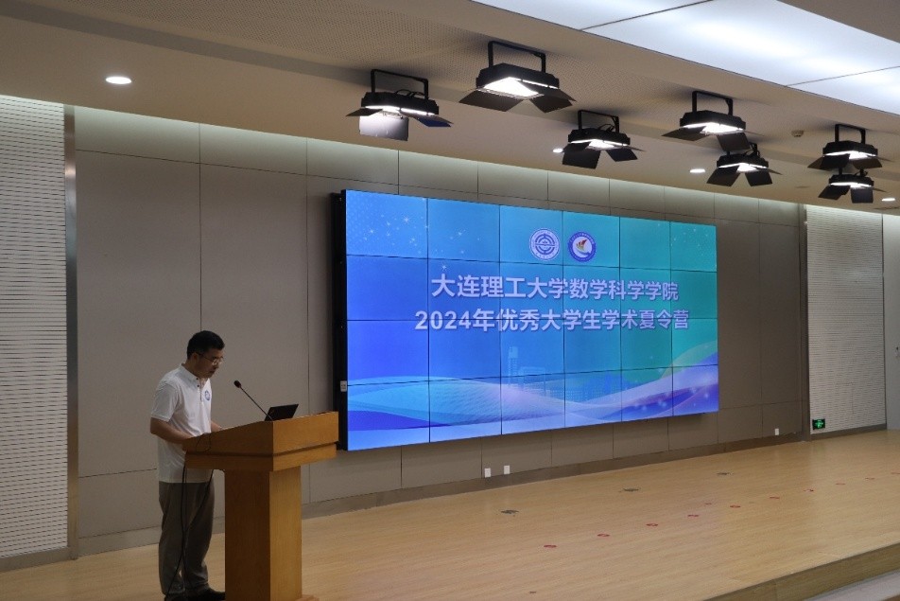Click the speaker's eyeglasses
coord(213,360)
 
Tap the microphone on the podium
coord(251,397)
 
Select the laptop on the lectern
coord(281,412)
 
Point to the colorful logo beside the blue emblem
coord(582,246)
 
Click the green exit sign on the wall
coord(818,424)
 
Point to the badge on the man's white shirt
coord(207,396)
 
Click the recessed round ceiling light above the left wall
coord(118,80)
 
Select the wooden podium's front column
coord(263,533)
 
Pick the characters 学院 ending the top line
coord(658,291)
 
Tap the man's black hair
coord(204,343)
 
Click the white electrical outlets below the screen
coord(497,471)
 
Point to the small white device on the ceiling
coord(797,133)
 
